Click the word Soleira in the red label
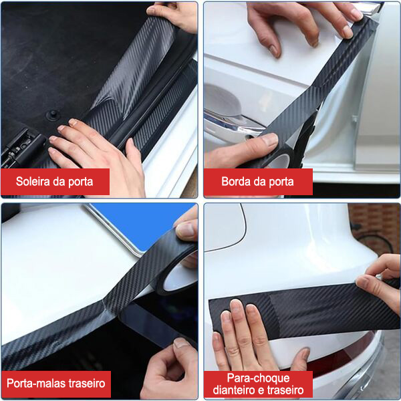(x=33, y=181)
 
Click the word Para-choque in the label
(x=258, y=378)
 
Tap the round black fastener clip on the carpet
(x=53, y=114)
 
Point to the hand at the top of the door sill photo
(x=174, y=16)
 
